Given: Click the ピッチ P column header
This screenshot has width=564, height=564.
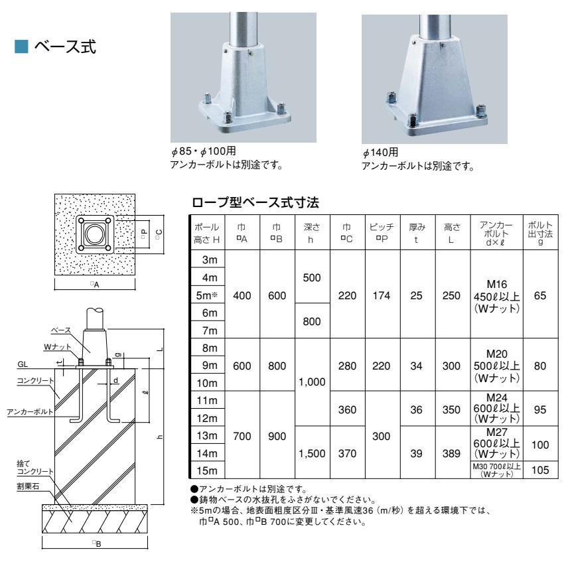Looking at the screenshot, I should (x=380, y=231).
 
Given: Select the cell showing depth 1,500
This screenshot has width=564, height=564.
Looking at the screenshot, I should (x=312, y=454).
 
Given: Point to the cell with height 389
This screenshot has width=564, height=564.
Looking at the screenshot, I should (x=451, y=454).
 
